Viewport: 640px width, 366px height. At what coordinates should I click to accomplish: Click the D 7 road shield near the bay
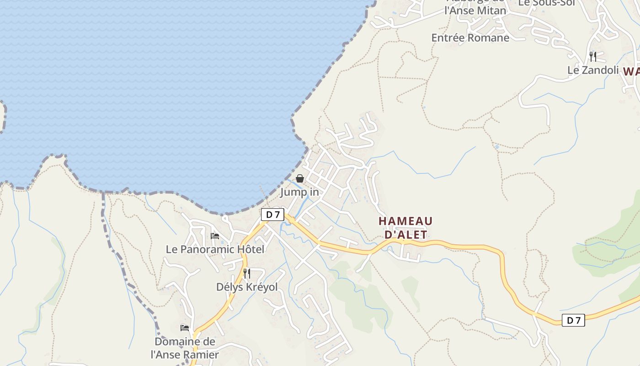coord(272,214)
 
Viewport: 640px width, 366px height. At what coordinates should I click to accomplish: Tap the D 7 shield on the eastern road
coord(573,320)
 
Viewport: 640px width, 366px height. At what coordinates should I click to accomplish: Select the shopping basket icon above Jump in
coord(300,178)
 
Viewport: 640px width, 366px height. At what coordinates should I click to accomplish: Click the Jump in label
coord(299,192)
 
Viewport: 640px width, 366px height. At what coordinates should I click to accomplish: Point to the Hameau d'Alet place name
coord(405,228)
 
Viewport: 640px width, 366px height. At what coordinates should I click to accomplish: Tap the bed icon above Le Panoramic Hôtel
coord(215,236)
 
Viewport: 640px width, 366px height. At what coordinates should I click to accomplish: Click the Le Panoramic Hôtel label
coord(215,249)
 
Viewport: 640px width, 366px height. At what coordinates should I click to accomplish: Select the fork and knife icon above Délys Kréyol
coord(246,274)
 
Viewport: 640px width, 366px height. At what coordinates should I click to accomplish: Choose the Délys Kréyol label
coord(247,287)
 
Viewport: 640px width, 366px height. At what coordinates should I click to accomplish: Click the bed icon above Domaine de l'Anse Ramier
coord(185,328)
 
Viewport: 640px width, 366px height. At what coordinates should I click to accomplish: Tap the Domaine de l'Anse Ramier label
coord(185,348)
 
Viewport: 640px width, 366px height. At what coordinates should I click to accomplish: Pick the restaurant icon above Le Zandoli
coord(592,56)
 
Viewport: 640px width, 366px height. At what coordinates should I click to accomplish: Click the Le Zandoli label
coord(593,70)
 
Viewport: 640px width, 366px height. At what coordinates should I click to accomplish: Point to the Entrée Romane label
coord(470,38)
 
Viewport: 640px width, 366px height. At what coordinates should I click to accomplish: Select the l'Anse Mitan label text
coord(475,11)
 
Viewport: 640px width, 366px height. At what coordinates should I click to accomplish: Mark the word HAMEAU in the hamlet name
coord(405,221)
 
